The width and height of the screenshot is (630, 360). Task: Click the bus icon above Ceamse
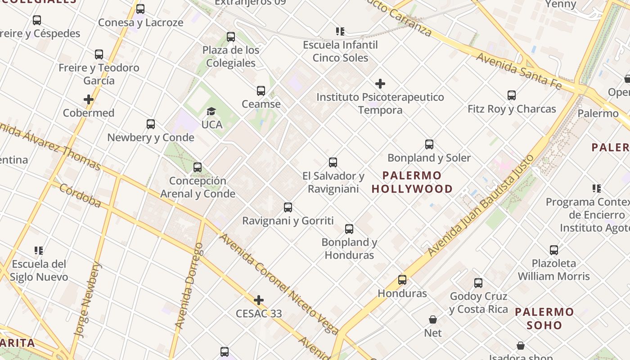coord(261,91)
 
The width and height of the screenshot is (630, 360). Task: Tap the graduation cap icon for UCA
coord(211,111)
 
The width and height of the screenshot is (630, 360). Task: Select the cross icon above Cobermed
coord(89,99)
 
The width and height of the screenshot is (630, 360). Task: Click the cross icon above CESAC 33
coord(259,300)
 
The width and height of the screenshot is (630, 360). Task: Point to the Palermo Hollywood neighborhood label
coord(412,182)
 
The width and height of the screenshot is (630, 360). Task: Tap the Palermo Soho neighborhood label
coord(544,318)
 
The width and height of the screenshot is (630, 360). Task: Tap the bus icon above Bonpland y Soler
coord(429,144)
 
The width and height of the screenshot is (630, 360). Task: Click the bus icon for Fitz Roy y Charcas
coord(512,95)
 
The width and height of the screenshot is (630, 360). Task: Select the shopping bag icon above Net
coord(433,319)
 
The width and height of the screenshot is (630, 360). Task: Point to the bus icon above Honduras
coord(402,280)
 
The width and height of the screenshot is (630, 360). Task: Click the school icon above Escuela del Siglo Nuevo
coord(39,251)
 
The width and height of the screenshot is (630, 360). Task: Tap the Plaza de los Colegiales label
coord(231,56)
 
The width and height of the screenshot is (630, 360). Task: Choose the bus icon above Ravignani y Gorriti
coord(288,207)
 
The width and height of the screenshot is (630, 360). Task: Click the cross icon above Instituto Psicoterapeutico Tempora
coord(380,84)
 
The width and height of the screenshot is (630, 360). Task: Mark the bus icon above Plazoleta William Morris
coord(554,250)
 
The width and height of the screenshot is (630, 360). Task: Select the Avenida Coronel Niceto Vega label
coord(279,284)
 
